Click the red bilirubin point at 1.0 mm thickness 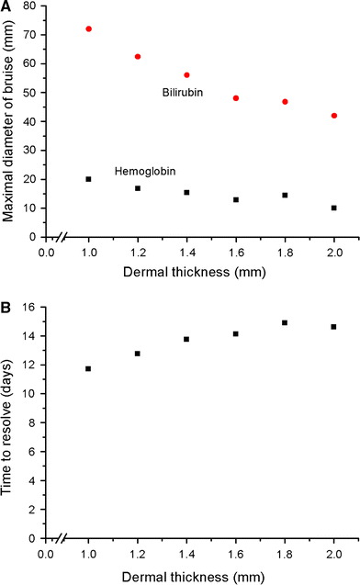pos(89,29)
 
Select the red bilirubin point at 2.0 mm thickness pos(334,116)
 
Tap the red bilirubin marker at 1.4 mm pos(187,75)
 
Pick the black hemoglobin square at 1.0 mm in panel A pos(89,179)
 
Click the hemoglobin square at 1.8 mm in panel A pos(286,195)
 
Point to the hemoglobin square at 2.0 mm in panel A pos(334,208)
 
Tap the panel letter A pos(6,7)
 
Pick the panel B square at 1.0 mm pos(89,368)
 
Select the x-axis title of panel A pos(187,274)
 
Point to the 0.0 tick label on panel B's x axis pos(40,554)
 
